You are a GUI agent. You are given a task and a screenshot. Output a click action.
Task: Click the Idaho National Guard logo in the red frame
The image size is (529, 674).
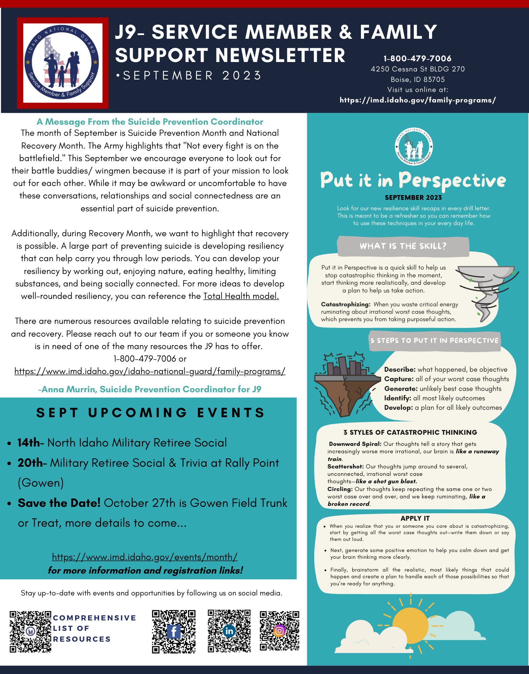[63, 63]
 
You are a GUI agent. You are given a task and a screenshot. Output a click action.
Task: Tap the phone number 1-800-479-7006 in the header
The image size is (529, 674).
[417, 58]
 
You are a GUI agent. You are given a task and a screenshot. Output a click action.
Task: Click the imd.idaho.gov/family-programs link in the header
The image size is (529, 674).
[418, 100]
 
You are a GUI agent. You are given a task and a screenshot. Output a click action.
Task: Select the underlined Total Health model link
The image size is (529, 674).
[241, 296]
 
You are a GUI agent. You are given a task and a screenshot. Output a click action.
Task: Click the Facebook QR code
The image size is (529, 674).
[173, 632]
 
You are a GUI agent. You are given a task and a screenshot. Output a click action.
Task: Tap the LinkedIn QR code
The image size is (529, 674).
[229, 631]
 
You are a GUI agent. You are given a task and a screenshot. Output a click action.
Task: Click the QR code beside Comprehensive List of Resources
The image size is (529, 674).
[30, 632]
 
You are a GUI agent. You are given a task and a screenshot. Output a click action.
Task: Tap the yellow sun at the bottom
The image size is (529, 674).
[410, 626]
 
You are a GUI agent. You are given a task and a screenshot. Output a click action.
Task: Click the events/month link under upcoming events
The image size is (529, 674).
[145, 557]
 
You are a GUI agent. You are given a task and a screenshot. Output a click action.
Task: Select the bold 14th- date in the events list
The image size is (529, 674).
[30, 443]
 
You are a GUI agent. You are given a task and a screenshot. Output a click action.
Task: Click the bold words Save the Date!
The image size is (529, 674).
[59, 503]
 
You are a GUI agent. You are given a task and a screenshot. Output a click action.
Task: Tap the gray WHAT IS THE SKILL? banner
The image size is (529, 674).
[403, 246]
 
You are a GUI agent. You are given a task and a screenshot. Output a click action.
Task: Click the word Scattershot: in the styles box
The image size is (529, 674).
[345, 467]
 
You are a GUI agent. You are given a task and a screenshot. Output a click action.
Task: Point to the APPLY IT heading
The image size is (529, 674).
[415, 518]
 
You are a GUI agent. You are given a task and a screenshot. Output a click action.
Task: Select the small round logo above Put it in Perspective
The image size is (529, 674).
[414, 147]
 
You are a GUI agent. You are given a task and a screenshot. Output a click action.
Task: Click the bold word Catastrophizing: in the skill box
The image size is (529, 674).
[345, 304]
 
